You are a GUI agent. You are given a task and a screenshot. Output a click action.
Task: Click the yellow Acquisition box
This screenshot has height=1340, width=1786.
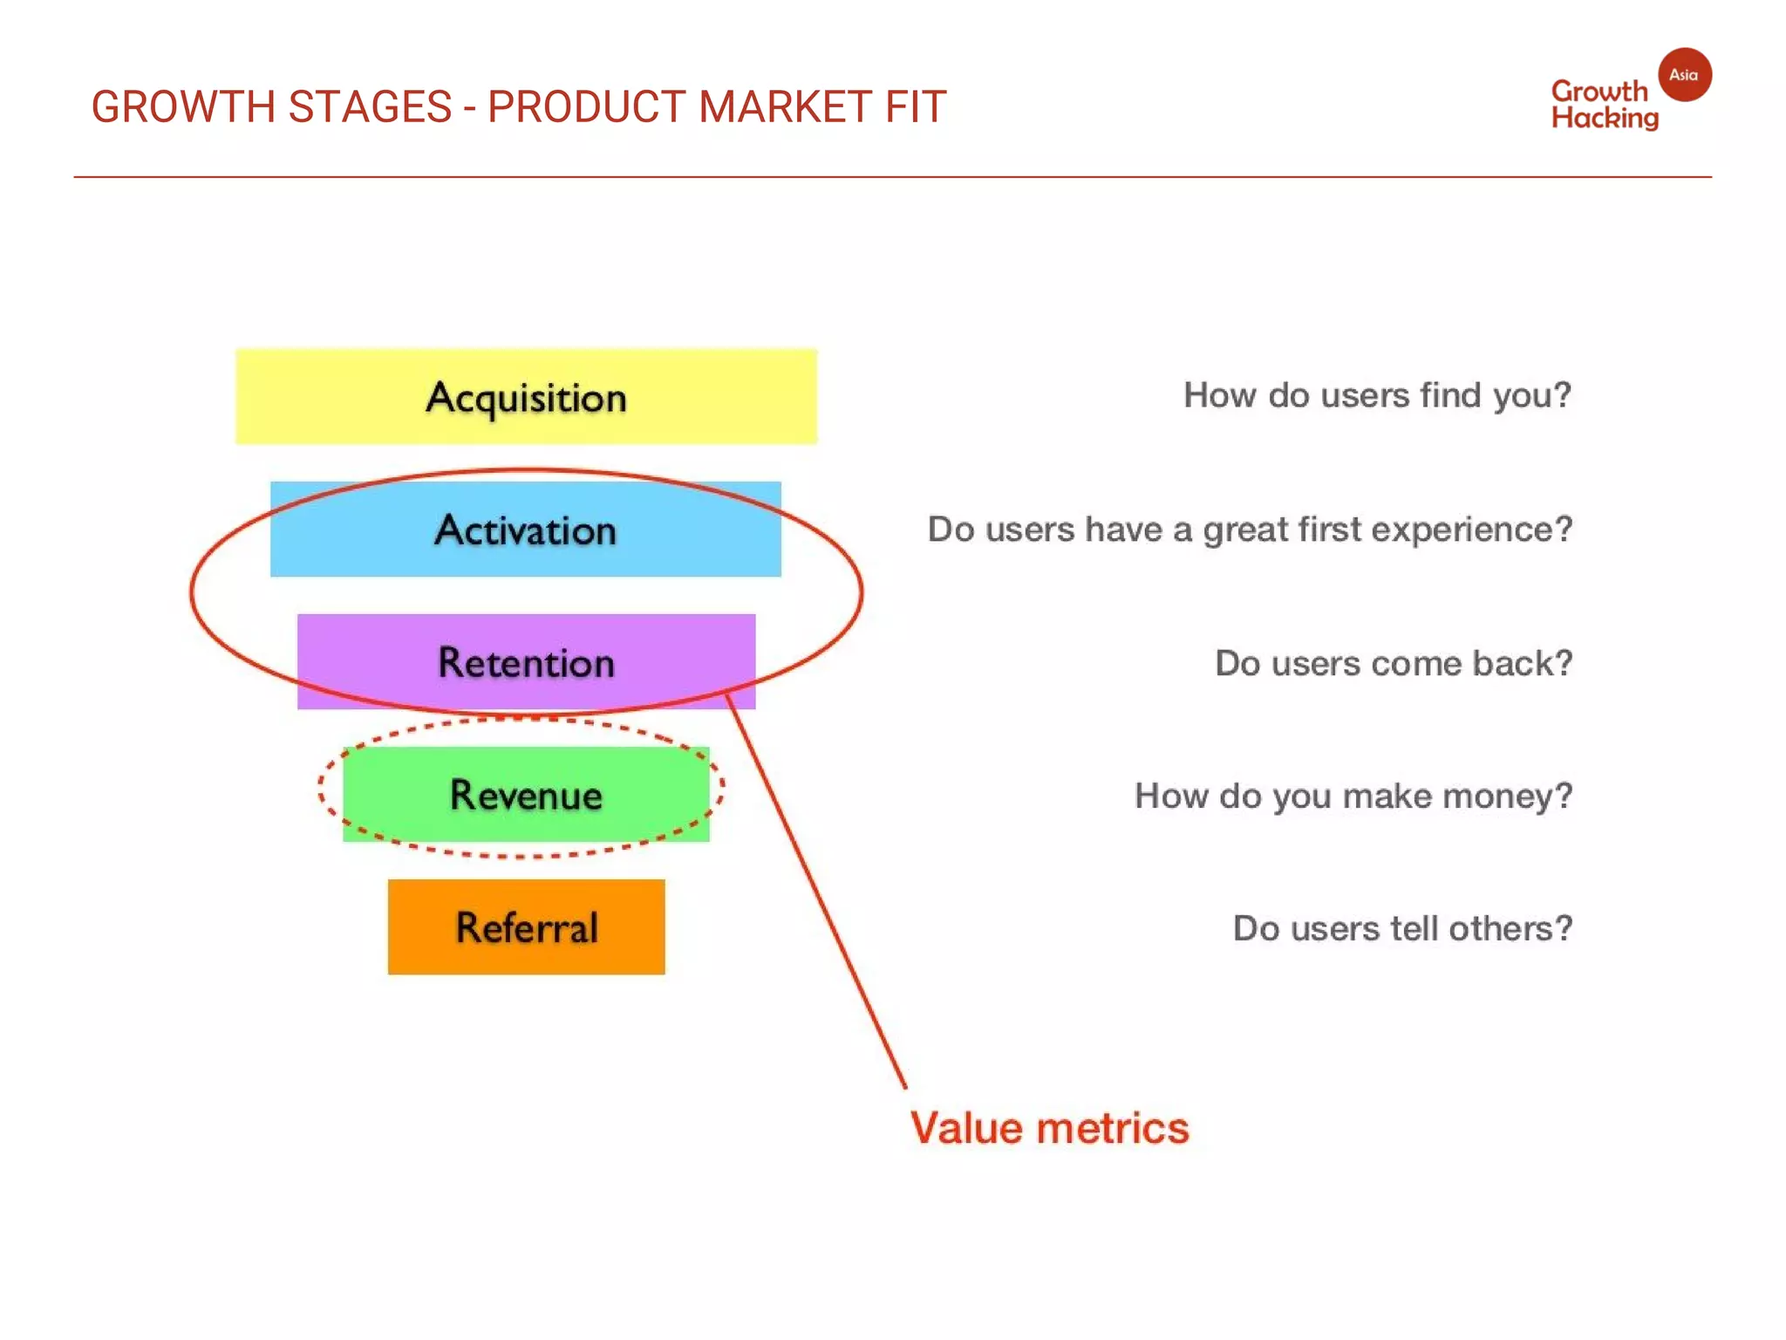[526, 397]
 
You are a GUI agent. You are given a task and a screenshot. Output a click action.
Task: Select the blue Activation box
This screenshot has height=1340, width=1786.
[526, 530]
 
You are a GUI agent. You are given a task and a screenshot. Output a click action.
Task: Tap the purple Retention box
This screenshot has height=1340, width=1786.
[526, 662]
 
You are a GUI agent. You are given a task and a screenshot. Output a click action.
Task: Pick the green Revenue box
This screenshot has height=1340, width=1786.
[526, 795]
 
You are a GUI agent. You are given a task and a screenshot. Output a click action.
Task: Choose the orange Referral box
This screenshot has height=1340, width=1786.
[526, 926]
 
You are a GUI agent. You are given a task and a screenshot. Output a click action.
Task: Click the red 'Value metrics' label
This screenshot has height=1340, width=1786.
[1049, 1128]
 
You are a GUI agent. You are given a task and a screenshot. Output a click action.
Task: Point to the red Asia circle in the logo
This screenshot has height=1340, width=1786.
[1684, 75]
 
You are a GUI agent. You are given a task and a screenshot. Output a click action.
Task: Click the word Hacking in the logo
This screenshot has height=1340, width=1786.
[1605, 118]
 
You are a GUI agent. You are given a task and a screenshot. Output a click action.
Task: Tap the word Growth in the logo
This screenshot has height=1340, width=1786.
[1599, 91]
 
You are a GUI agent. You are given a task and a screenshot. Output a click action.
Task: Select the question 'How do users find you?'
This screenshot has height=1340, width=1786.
[1377, 395]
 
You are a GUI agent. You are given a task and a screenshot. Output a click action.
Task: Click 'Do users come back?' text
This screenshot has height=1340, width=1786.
[1394, 663]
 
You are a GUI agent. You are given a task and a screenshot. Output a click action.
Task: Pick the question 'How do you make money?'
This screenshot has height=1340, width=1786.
[1353, 796]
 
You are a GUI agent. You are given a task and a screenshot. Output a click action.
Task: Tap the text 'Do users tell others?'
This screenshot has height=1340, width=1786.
[1402, 928]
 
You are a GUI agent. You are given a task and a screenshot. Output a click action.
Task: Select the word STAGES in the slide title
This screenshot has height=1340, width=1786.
[370, 107]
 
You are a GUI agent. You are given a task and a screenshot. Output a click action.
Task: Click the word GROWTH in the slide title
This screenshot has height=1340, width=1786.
[184, 107]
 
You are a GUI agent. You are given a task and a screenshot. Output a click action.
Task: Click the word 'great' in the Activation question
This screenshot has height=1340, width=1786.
[1245, 530]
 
